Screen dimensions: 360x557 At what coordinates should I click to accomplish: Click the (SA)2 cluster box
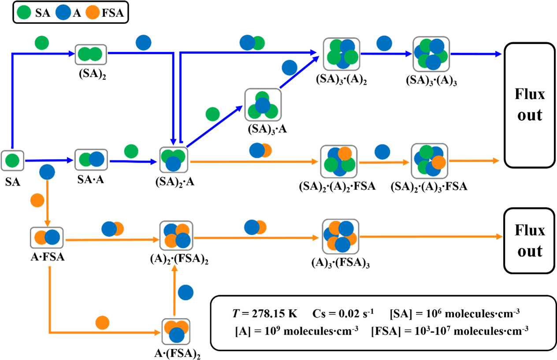(90, 55)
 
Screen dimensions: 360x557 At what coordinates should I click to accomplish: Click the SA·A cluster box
(91, 159)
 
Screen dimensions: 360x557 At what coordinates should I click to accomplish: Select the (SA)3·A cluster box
(263, 105)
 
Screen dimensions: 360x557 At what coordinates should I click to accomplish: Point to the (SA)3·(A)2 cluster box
(342, 54)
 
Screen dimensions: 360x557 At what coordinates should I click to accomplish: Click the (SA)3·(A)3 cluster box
(431, 54)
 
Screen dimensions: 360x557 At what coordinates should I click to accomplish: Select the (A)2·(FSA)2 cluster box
(176, 237)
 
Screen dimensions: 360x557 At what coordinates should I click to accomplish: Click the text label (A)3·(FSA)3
(340, 264)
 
